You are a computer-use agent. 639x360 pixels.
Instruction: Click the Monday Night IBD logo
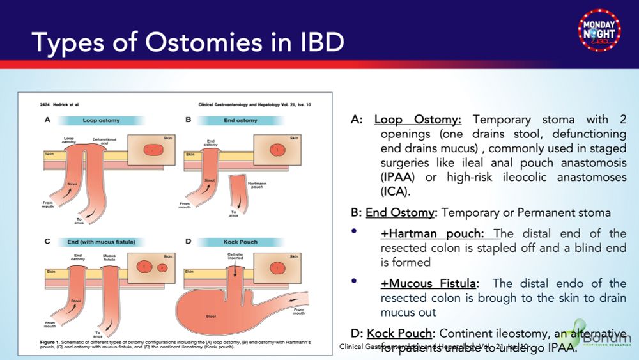tap(599, 29)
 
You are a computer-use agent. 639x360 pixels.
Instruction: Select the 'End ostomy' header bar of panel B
tap(241, 120)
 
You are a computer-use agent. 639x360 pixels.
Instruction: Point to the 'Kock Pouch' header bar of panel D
tap(240, 242)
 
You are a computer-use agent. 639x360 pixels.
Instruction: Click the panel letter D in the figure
tap(188, 242)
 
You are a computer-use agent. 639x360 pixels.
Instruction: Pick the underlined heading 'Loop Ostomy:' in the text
tap(421, 120)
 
